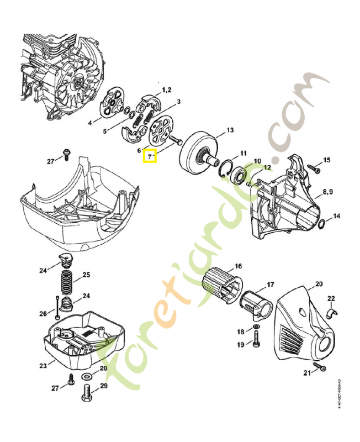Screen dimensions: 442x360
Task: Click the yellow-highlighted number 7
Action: (150, 157)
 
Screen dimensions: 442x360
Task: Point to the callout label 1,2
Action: (166, 90)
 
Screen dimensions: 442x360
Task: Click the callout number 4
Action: (90, 123)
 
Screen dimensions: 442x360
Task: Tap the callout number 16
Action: (239, 266)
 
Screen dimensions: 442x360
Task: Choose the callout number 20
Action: (319, 285)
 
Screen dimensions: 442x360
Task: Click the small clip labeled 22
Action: (331, 314)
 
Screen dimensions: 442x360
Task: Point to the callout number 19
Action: (241, 345)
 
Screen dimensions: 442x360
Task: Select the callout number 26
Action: (43, 314)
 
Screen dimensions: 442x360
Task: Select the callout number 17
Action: (271, 285)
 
